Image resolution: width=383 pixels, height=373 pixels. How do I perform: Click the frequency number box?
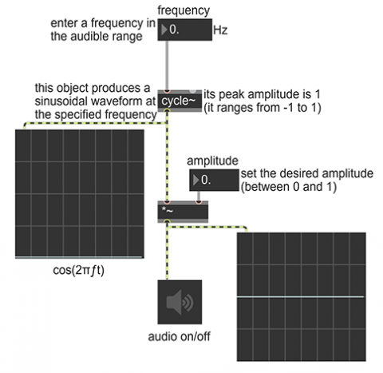coord(185,30)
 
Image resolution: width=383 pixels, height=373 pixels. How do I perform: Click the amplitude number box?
coord(214,180)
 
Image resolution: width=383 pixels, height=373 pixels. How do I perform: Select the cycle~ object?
coord(180,101)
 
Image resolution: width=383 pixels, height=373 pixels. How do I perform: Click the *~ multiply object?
coord(183,212)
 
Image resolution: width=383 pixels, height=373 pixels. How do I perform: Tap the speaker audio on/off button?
coord(180,302)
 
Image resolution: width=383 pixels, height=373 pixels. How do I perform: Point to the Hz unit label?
coord(220,30)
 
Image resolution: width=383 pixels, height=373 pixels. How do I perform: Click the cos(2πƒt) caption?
coord(78,271)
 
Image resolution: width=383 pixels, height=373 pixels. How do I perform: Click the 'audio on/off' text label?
coord(179,336)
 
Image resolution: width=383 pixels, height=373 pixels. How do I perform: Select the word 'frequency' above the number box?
coord(184,10)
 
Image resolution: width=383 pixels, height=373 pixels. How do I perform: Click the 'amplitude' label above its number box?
coord(212,161)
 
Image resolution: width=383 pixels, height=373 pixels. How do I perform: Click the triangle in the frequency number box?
coord(164,30)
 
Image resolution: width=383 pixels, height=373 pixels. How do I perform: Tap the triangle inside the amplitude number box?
coord(196,180)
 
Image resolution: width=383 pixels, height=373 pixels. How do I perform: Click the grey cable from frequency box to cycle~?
coord(167,65)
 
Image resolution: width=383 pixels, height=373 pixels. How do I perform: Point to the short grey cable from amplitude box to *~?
coord(199,196)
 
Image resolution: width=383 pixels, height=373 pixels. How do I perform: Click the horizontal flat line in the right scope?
coord(300,296)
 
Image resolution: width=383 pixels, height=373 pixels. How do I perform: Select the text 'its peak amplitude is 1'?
coord(262,94)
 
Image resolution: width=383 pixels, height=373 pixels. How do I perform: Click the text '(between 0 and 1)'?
coord(289,187)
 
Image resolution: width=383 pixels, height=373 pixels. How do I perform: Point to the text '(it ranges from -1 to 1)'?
coord(263,108)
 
